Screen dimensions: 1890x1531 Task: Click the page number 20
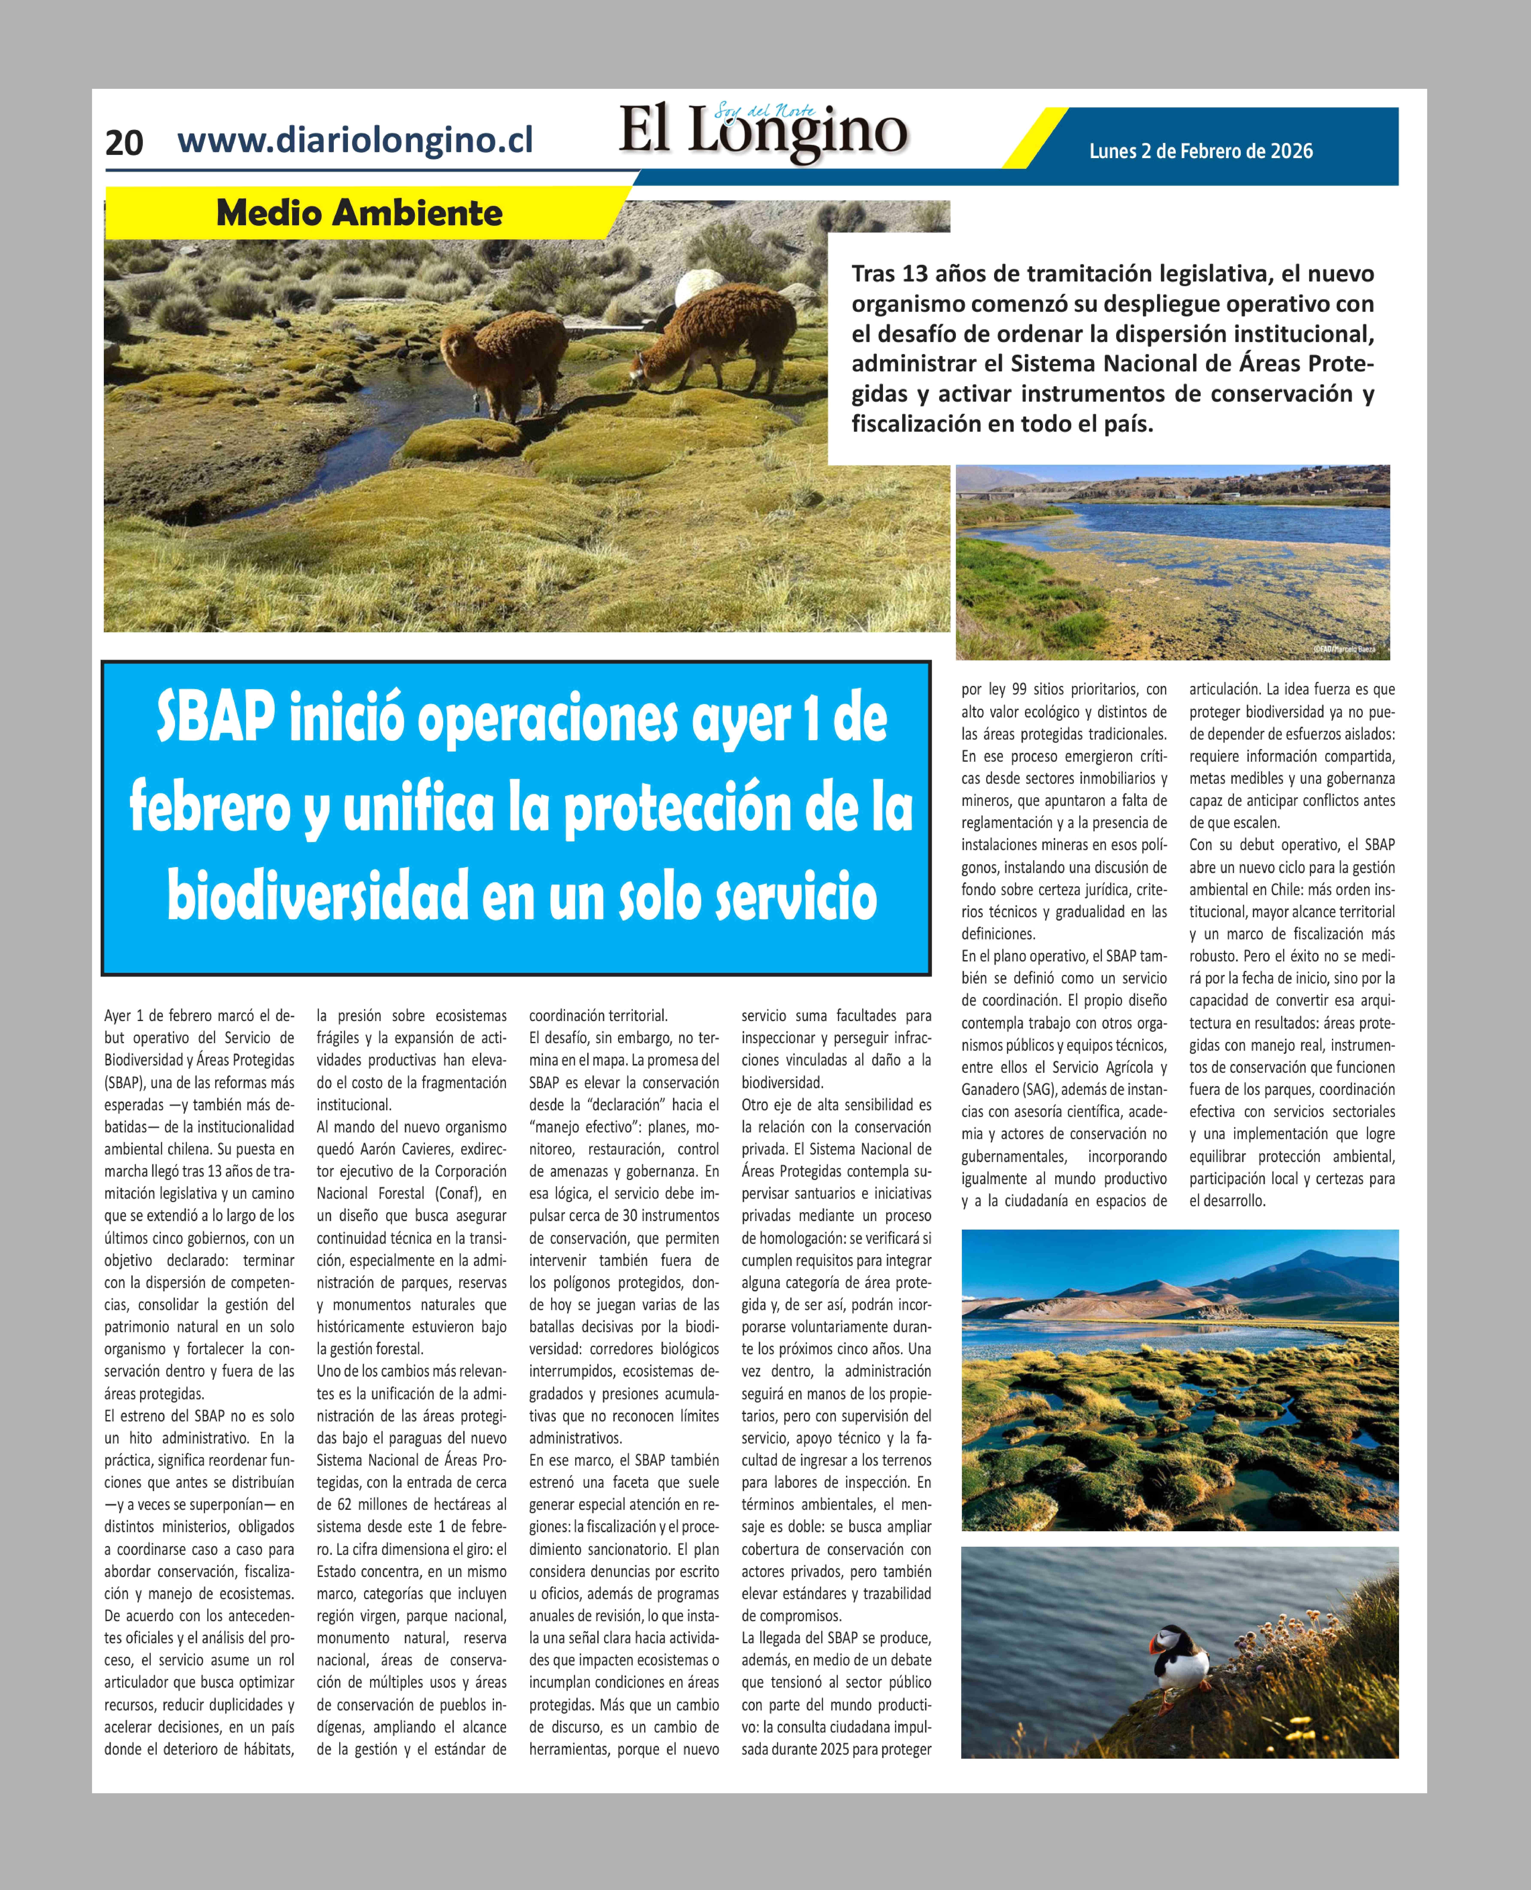pos(124,142)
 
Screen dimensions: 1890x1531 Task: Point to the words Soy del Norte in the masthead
pos(765,111)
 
